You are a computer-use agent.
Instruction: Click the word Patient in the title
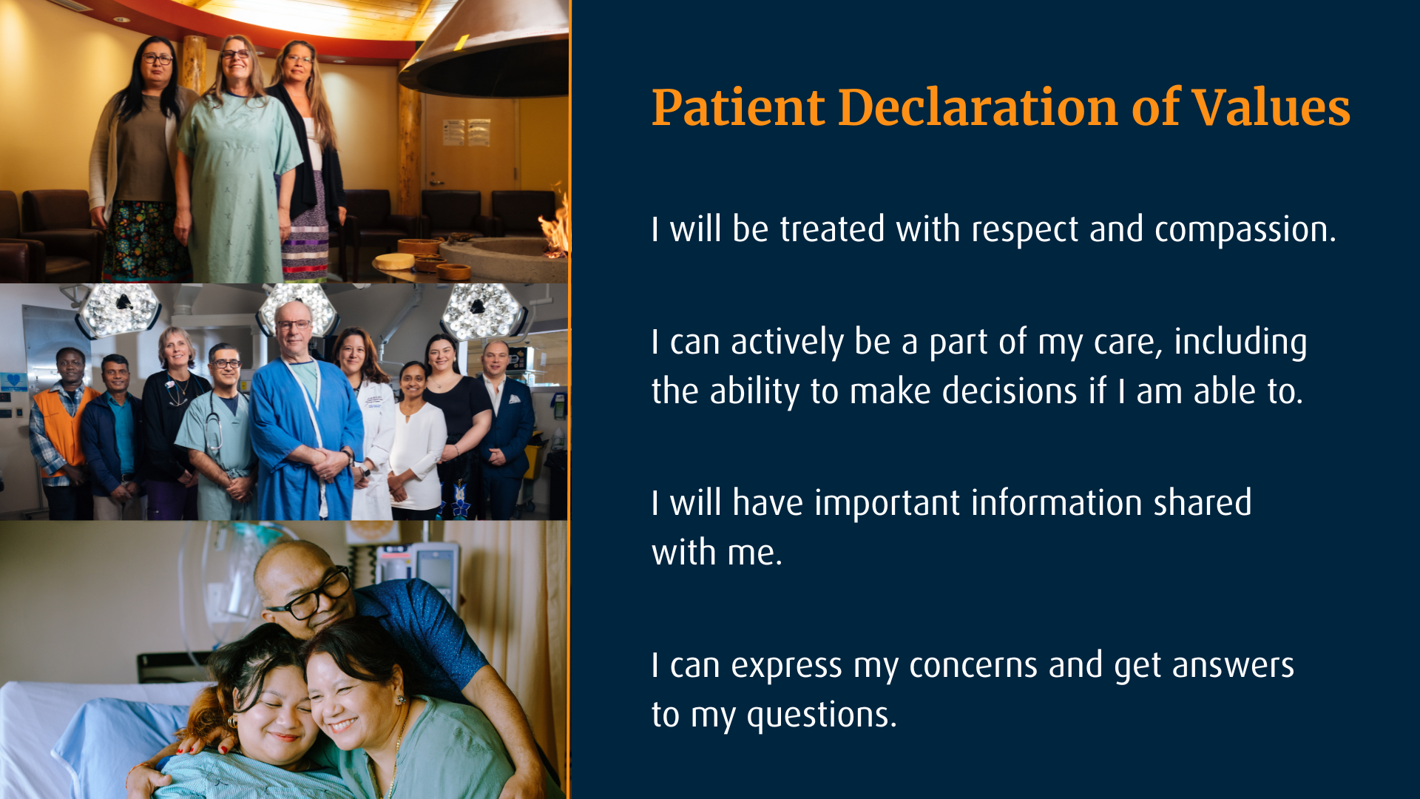click(x=737, y=108)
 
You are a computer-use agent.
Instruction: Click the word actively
click(x=787, y=343)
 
